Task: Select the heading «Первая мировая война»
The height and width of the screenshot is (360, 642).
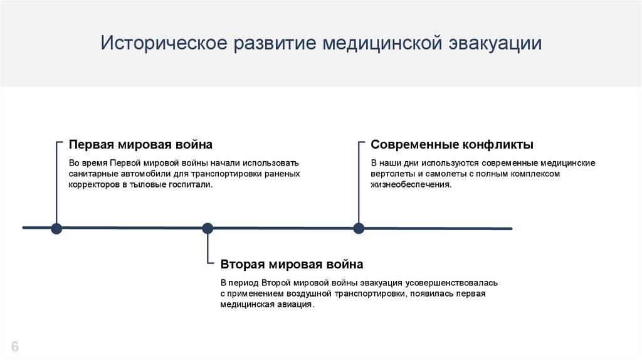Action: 140,145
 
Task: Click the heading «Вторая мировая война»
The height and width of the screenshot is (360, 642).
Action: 292,264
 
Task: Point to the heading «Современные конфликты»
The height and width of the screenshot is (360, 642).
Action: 452,145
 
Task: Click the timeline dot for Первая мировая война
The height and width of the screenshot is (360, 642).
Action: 56,228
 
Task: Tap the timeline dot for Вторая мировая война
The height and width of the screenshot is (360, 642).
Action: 208,228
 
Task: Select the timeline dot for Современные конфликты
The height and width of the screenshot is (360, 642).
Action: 359,228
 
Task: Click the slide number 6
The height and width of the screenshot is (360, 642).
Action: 15,347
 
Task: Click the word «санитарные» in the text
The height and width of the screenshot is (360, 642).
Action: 90,174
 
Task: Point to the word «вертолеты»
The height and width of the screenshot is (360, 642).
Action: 392,174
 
